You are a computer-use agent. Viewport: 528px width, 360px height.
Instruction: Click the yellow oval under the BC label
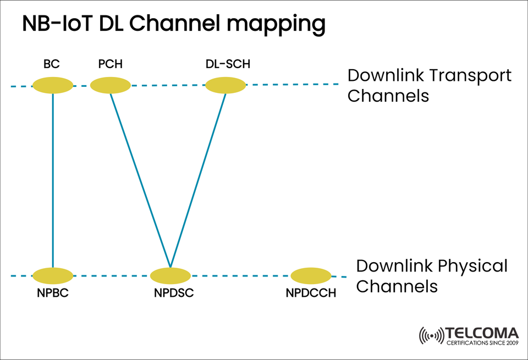(x=53, y=85)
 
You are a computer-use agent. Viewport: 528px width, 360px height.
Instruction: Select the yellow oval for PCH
(x=110, y=85)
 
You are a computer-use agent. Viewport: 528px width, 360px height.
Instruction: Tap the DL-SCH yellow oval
(x=226, y=85)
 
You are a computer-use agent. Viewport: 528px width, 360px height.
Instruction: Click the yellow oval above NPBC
(x=53, y=275)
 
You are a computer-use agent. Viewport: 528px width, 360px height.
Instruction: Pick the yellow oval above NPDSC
(x=170, y=275)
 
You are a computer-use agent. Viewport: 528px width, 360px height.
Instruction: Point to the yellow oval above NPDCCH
(x=311, y=275)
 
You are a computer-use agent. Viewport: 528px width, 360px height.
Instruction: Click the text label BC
(x=52, y=64)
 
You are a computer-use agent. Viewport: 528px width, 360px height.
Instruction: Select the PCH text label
(x=110, y=64)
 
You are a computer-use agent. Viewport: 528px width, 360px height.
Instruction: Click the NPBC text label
(x=53, y=293)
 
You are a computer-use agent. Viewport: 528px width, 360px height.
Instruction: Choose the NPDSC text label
(x=174, y=293)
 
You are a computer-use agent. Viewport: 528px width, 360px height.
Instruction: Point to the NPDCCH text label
(x=311, y=293)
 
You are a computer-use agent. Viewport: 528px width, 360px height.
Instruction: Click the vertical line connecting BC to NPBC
(x=53, y=181)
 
